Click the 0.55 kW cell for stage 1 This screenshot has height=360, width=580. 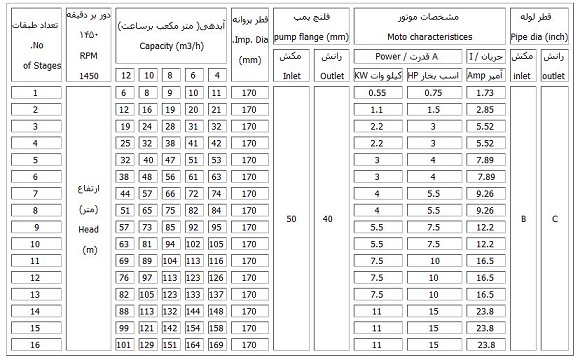tap(378, 93)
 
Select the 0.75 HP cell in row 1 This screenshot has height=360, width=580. tap(432, 93)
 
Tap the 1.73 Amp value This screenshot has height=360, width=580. tap(487, 93)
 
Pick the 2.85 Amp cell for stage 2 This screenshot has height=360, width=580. tap(487, 110)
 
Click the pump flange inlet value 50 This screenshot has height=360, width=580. tap(291, 217)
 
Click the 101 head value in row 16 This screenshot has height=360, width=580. tap(125, 344)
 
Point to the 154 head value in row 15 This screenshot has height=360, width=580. tap(195, 327)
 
